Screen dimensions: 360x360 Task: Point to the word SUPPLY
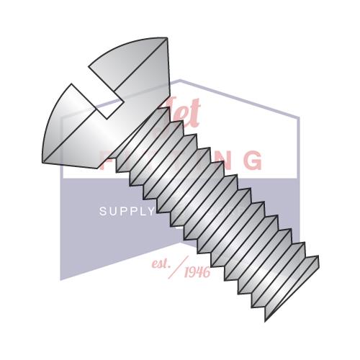[x=127, y=211]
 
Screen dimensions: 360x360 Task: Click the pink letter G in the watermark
[x=253, y=159]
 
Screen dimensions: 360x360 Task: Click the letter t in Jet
[x=194, y=115]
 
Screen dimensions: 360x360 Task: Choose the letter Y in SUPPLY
[x=151, y=211]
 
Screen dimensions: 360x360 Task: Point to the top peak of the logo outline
[x=180, y=81]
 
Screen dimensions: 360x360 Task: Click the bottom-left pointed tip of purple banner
[x=61, y=279]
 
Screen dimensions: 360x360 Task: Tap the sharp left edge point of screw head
[x=42, y=160]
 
